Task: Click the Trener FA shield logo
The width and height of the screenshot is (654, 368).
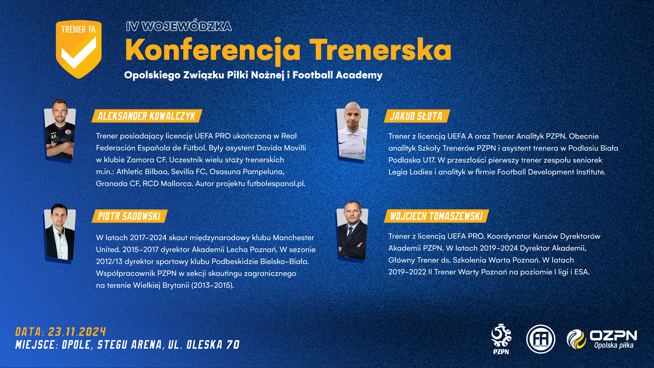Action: pos(79,49)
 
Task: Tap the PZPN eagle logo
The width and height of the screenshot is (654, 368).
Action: pos(501,339)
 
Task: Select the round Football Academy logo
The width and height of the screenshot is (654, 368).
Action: pos(541,339)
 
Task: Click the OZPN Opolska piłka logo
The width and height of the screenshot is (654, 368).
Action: pos(602,339)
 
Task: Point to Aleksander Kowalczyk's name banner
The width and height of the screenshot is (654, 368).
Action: pos(147,116)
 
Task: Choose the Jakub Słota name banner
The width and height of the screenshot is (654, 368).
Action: pos(416,116)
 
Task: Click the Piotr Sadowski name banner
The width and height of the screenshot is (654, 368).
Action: pos(129,216)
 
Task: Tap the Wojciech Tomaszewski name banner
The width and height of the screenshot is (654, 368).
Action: pos(436,216)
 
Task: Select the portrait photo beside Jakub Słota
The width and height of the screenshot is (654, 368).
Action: pos(352,132)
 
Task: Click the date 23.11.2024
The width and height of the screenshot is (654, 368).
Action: pos(77,332)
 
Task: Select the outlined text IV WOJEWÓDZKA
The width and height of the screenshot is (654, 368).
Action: pos(179,26)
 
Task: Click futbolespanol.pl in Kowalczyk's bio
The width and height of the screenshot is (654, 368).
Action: pos(276,183)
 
